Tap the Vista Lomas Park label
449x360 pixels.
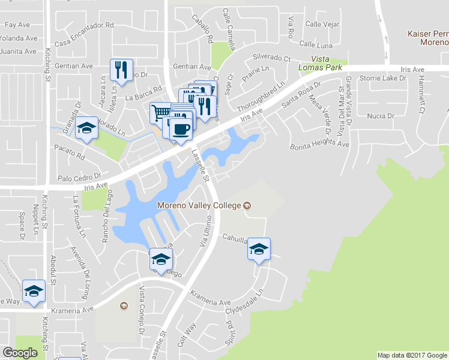point(323,62)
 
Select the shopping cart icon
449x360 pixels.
point(160,112)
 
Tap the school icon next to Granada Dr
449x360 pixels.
point(87,128)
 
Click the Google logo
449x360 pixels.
point(20,353)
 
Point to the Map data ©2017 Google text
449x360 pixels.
point(412,355)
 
